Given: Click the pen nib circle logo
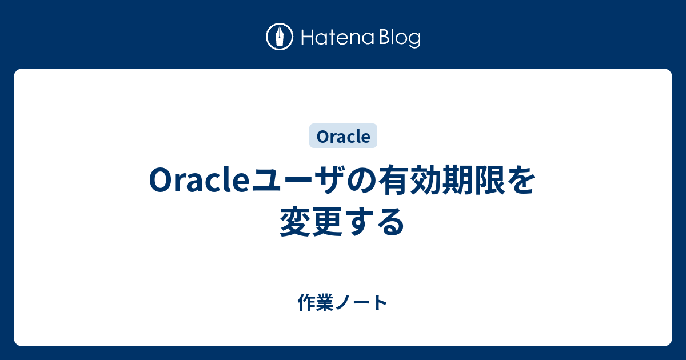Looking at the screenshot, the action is (x=280, y=37).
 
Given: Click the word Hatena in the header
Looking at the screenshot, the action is (x=337, y=37).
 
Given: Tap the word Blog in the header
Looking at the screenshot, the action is (x=400, y=38).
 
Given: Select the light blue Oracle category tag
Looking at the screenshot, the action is (x=344, y=136).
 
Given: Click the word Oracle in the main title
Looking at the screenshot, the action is (x=199, y=180).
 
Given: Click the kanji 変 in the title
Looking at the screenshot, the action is (x=295, y=221).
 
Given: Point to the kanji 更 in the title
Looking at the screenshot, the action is (x=327, y=221).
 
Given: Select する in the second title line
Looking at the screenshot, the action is (x=375, y=222).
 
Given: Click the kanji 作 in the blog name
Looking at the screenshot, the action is (x=306, y=302).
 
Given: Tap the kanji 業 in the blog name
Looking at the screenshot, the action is (x=325, y=302).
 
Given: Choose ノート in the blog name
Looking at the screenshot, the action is (x=361, y=303).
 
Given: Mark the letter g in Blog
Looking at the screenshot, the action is (x=414, y=40).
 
